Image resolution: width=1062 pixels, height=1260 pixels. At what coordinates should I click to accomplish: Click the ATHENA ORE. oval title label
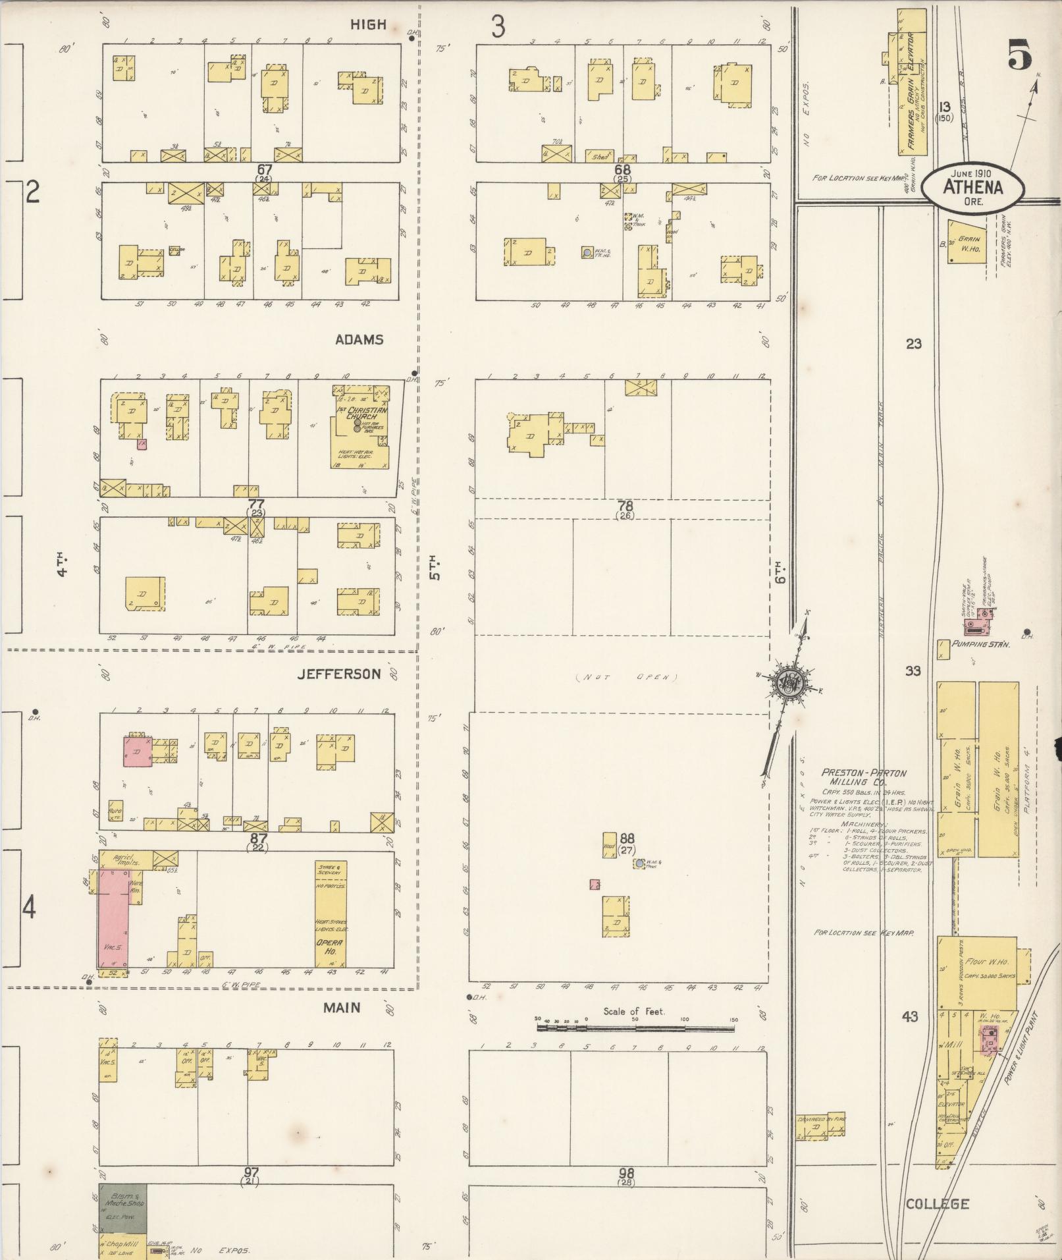point(972,187)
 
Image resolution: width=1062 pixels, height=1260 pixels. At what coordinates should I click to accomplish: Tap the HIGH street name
point(368,25)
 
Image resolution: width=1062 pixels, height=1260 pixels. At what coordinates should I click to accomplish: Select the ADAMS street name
point(359,340)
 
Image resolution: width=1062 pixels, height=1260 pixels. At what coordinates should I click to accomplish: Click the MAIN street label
point(342,1008)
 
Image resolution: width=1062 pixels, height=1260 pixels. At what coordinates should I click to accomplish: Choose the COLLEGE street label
point(937,1204)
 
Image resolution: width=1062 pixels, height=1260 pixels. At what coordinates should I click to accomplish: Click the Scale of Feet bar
point(635,1028)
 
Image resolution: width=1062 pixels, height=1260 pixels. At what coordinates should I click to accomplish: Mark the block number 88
point(627,838)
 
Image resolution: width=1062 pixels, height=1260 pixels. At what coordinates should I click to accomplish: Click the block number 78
point(625,506)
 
